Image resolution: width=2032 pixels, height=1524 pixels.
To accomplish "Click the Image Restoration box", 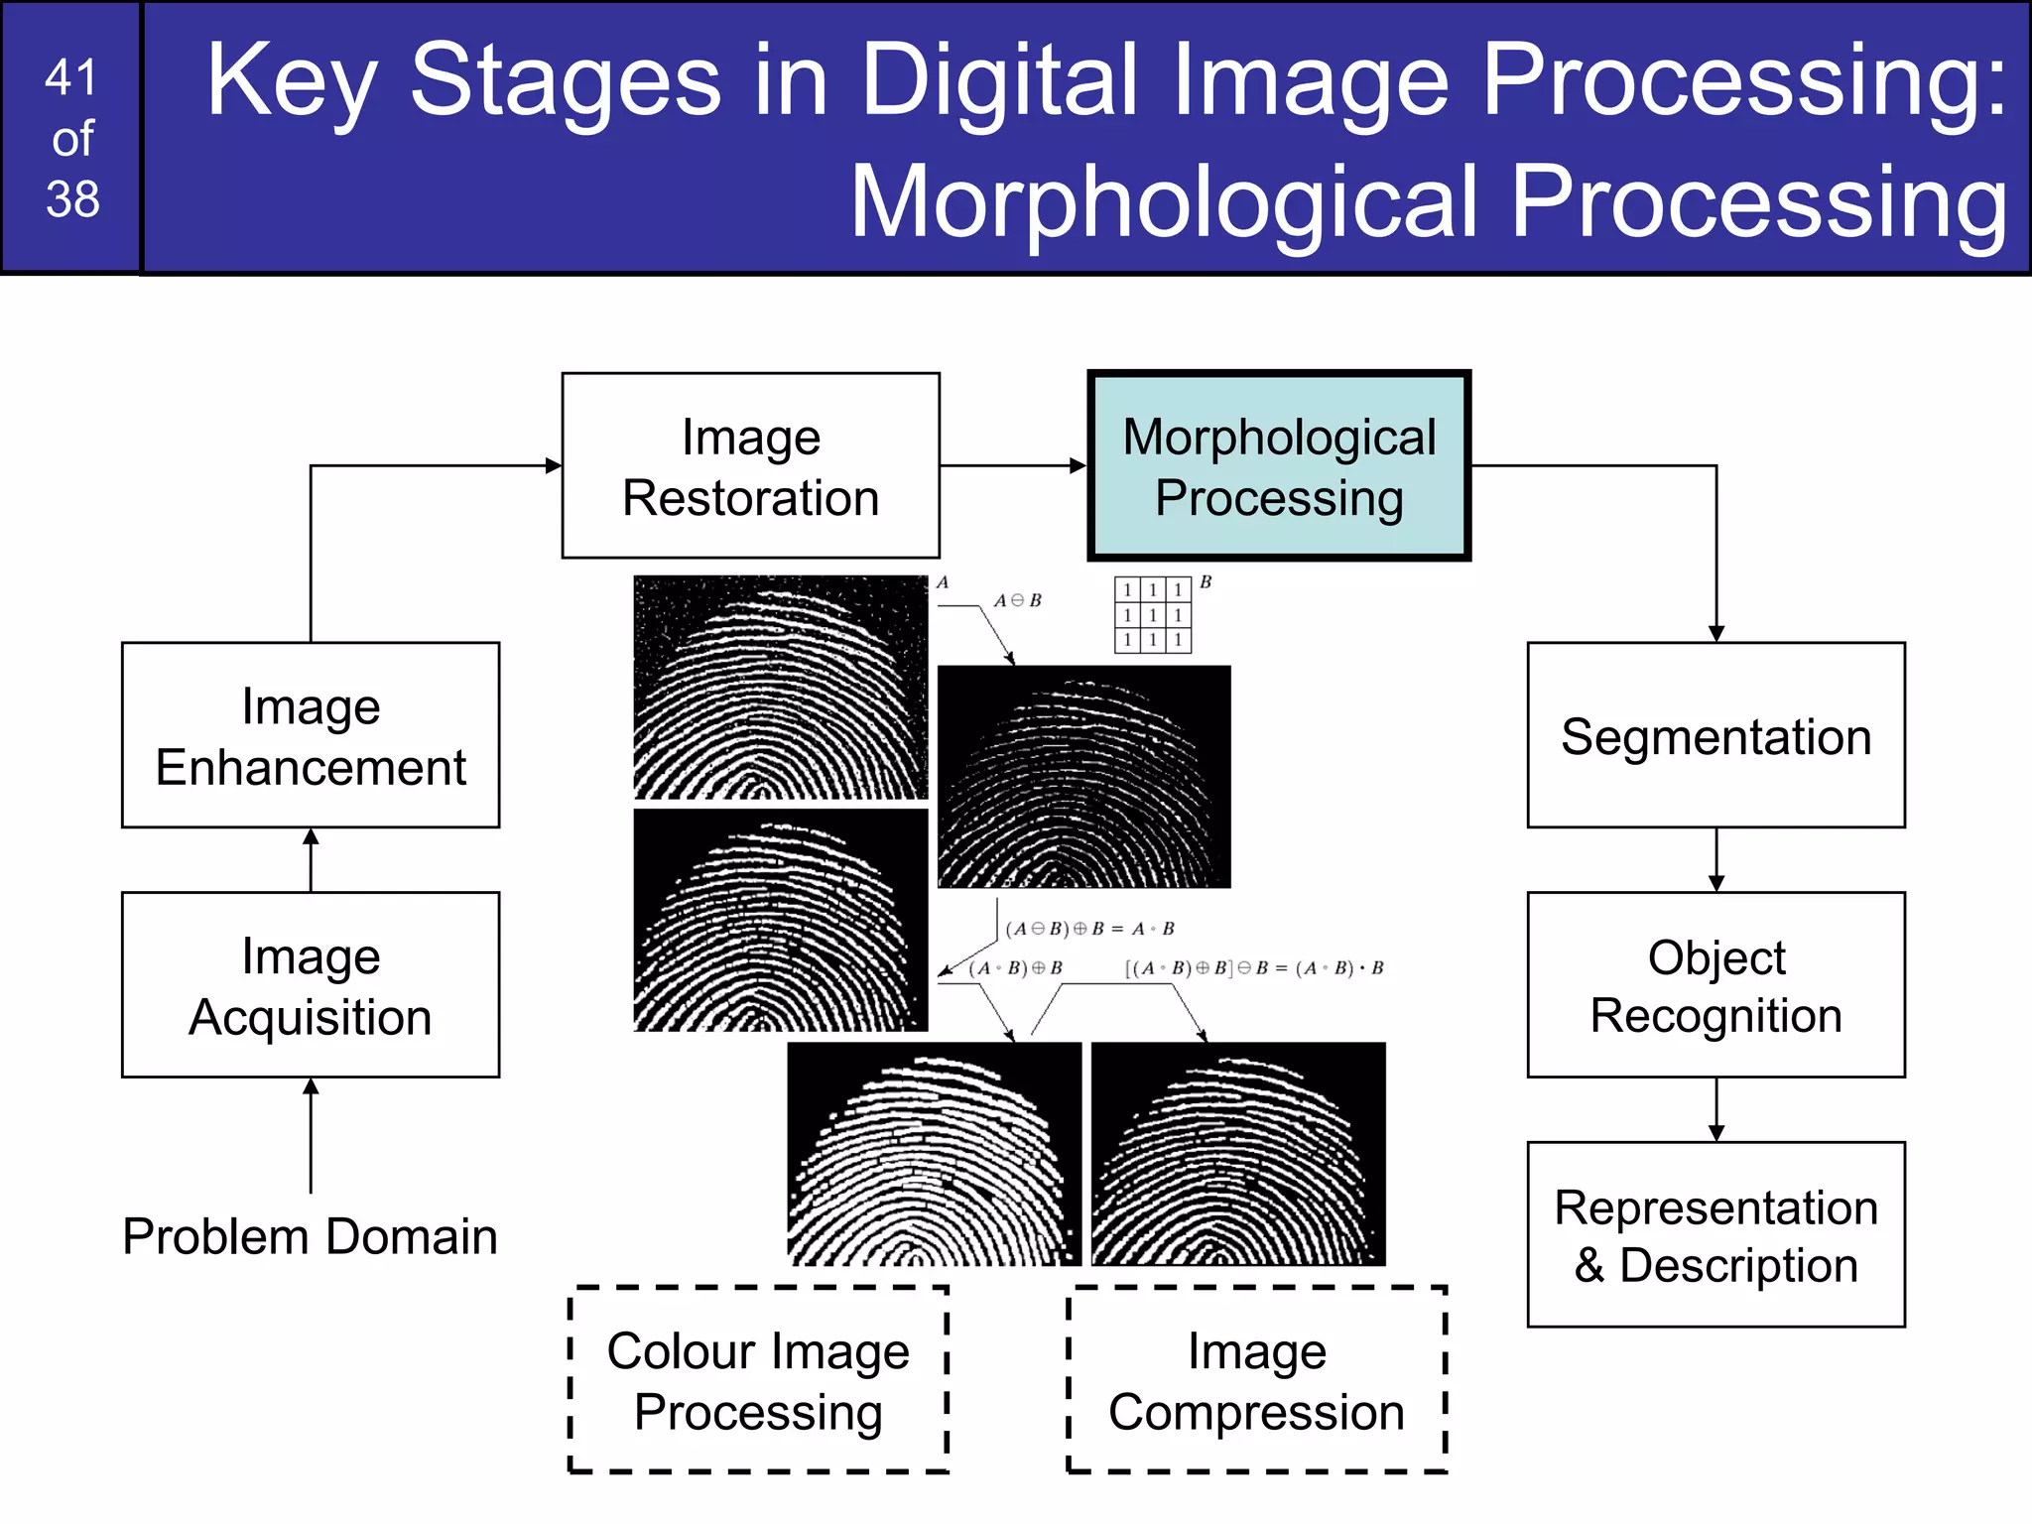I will coord(750,465).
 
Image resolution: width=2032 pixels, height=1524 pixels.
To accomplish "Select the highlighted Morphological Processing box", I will coord(1279,465).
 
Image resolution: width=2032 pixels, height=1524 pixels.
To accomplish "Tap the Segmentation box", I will coord(1715,735).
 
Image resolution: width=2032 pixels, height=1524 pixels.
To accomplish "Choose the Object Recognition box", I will coord(1715,985).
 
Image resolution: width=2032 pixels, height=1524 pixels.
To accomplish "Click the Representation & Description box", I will coord(1715,1234).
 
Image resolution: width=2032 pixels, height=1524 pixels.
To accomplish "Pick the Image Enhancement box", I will coord(311,735).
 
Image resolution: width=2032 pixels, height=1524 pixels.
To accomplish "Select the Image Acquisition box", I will coord(311,985).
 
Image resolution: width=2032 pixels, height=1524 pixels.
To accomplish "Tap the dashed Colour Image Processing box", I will coord(758,1380).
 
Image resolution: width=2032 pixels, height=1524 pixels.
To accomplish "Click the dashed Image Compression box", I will coord(1256,1380).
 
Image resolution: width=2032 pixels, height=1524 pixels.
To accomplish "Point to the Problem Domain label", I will coord(310,1236).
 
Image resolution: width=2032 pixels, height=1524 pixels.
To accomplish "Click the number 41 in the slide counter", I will coord(71,77).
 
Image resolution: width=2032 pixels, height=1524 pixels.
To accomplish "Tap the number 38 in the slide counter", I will coord(72,198).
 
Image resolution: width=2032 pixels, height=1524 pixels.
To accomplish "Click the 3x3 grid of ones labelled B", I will coord(1152,615).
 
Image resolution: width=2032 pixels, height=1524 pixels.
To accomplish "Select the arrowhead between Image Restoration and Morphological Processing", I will coord(1078,465).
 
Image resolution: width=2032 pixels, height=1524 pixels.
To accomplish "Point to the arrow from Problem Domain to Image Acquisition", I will coord(311,1135).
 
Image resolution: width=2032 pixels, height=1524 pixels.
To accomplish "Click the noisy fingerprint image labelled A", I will coord(781,688).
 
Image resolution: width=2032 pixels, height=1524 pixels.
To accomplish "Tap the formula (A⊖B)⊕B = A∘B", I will coord(1089,929).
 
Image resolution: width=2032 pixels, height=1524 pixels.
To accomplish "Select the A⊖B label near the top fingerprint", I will coord(1018,600).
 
